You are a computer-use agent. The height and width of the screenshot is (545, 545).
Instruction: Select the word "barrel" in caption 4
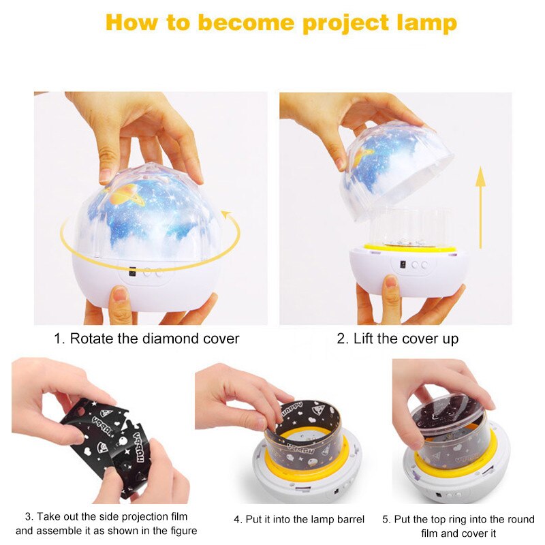pos(352,519)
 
